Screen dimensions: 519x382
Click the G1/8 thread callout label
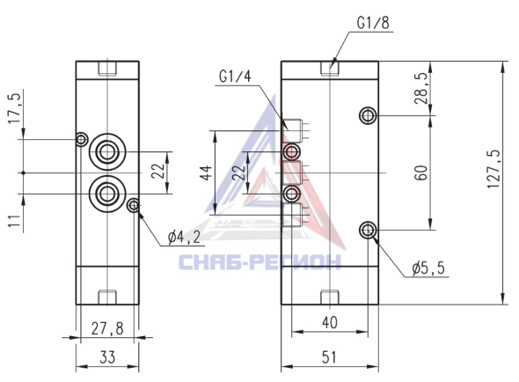click(x=373, y=23)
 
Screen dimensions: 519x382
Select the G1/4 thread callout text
click(x=235, y=77)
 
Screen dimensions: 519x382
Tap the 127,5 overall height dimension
click(x=493, y=169)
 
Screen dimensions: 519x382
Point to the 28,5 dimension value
click(x=421, y=88)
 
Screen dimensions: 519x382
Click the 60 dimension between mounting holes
click(x=421, y=173)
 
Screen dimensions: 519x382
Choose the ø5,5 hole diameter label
click(x=428, y=268)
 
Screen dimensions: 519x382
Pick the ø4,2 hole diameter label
click(x=184, y=238)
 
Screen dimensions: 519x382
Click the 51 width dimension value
click(x=329, y=357)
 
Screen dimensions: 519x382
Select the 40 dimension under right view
click(x=330, y=322)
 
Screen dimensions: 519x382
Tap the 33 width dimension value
click(x=107, y=357)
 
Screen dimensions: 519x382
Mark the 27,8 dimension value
click(x=107, y=328)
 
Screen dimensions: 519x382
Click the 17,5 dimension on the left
click(x=15, y=108)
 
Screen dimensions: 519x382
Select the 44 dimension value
click(x=207, y=173)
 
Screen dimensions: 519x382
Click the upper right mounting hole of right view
click(x=368, y=115)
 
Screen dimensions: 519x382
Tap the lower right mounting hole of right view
click(x=368, y=230)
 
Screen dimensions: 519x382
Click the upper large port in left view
click(x=107, y=151)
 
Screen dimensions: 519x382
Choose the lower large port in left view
click(x=107, y=194)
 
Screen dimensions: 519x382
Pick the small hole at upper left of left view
click(x=82, y=139)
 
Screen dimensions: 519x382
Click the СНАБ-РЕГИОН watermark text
click(x=259, y=261)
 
